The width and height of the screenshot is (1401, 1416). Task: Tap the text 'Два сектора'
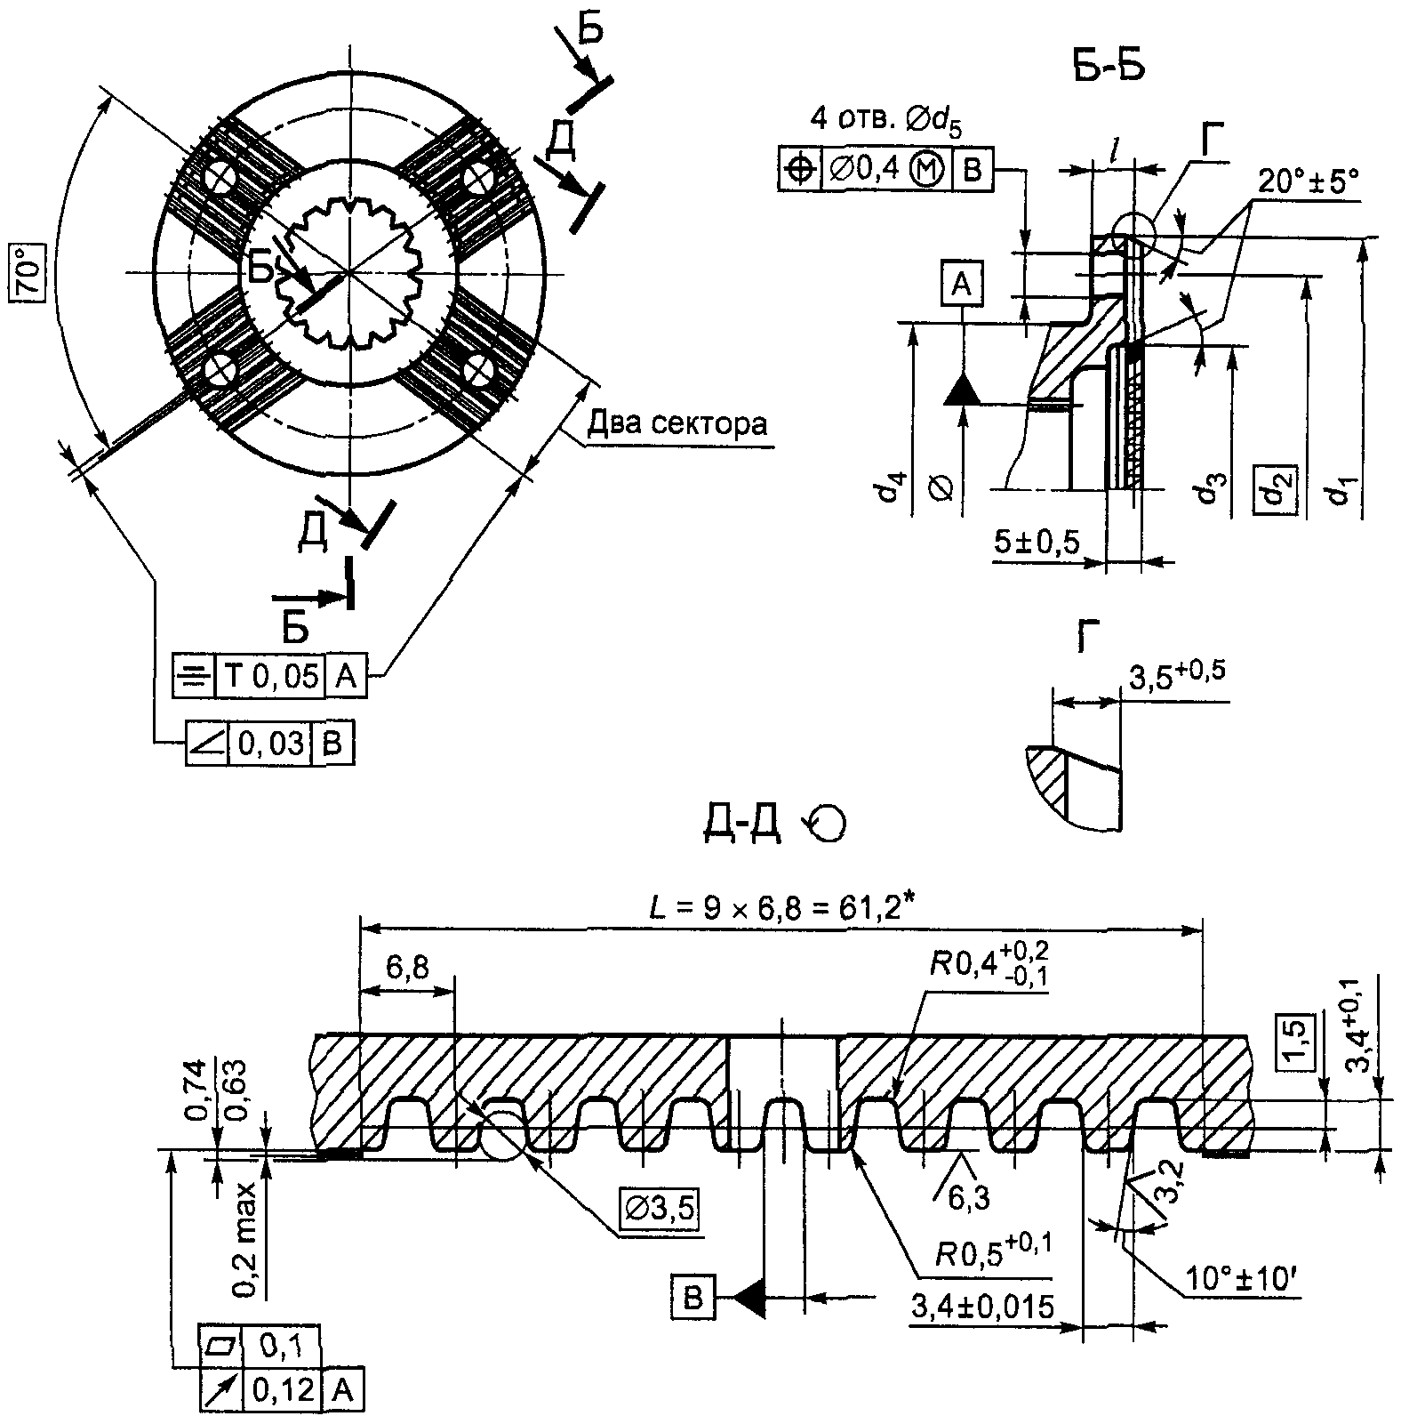[676, 423]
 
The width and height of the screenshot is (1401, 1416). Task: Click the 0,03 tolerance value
[269, 743]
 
